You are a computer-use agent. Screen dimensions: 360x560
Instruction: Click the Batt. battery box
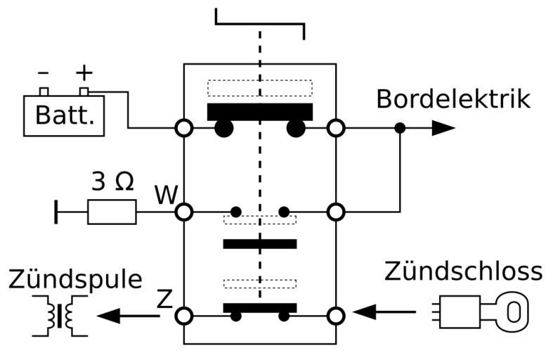coord(65,115)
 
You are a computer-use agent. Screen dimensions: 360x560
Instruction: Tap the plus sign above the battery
coord(84,72)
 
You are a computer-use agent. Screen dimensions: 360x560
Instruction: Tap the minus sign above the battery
coord(44,72)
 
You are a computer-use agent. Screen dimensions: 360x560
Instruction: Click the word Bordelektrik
coord(453,99)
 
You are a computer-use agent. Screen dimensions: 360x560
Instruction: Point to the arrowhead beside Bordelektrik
coord(443,128)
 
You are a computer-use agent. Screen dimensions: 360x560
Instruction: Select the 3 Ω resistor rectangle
coord(112,212)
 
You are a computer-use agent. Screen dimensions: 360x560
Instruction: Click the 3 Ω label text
coord(112,183)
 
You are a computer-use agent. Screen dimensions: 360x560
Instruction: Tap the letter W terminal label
coord(165,195)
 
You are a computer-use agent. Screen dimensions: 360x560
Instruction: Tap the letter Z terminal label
coord(164,300)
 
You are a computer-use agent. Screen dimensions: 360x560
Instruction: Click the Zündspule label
coord(75,279)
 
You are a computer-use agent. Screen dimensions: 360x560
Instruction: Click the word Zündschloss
coord(463,271)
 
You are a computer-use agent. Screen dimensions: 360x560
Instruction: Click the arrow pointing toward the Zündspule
coord(126,316)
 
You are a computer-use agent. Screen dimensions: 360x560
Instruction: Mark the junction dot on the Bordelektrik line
coord(400,128)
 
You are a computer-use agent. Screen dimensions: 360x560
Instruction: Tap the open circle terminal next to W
coord(184,212)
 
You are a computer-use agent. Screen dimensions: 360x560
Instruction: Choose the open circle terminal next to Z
coord(184,316)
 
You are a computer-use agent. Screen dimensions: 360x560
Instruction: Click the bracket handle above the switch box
coord(260,20)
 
